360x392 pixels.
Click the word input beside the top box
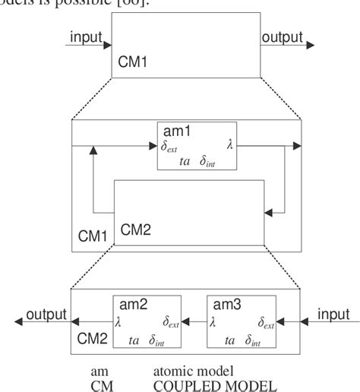(x=87, y=37)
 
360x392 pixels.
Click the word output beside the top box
(x=282, y=37)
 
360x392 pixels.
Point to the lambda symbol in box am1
(x=229, y=143)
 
